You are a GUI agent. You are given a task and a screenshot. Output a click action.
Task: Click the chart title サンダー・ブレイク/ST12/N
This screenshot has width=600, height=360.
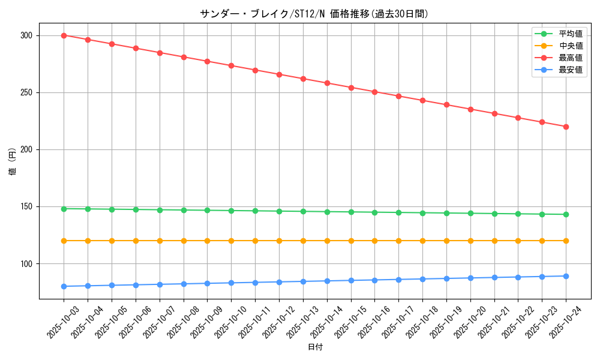314,14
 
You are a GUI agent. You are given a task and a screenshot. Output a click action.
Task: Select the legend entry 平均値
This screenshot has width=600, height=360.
570,34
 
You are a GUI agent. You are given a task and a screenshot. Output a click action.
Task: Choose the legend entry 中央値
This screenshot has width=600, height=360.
570,46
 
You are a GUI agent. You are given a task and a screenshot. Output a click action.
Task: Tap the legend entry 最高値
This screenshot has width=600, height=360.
570,58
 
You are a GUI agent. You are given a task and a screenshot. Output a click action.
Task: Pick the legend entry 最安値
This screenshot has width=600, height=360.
570,70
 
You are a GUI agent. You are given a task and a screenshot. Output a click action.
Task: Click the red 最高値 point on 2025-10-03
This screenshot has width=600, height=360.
64,35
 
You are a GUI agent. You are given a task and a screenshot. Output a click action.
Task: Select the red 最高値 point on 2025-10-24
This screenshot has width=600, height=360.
566,127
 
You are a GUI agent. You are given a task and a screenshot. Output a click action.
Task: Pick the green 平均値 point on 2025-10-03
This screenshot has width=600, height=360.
64,209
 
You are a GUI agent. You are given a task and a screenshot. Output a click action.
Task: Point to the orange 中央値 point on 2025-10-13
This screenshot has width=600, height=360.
303,241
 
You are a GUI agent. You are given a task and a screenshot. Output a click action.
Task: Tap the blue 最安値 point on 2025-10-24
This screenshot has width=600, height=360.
566,276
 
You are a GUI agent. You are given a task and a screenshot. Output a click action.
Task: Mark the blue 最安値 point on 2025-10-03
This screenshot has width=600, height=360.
64,286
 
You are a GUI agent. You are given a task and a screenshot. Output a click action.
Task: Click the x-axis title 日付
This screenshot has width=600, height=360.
315,347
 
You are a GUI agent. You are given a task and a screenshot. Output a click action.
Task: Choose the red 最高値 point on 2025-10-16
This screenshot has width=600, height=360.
374,92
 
